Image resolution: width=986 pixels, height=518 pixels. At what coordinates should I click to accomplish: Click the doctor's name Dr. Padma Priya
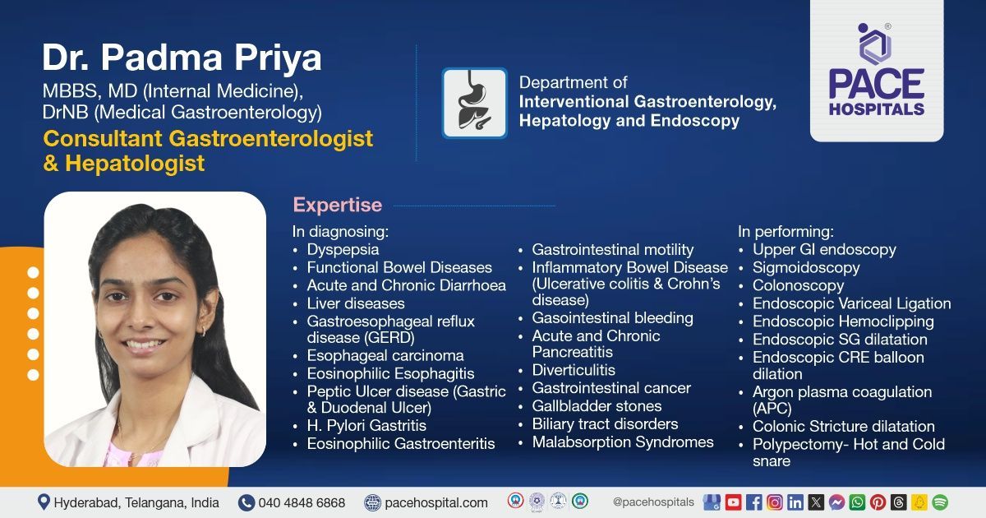click(182, 58)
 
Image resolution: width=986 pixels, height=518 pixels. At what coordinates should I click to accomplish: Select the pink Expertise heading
click(338, 205)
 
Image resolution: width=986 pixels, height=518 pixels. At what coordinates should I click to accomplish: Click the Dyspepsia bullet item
click(343, 249)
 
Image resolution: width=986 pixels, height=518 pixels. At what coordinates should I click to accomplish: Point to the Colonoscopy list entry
click(798, 285)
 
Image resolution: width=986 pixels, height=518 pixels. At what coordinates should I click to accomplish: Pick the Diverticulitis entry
click(574, 370)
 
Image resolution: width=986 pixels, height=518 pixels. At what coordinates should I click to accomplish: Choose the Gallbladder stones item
click(597, 406)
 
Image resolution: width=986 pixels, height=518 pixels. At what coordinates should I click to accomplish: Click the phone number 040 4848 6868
click(302, 502)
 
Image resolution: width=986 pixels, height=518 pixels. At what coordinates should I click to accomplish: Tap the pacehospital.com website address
click(435, 502)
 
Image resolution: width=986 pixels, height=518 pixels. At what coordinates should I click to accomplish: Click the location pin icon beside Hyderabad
click(44, 502)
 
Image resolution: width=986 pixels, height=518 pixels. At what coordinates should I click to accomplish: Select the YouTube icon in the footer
click(733, 502)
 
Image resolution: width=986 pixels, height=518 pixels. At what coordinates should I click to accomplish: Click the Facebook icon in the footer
click(753, 502)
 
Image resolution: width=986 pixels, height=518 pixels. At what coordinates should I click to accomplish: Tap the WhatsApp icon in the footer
click(857, 502)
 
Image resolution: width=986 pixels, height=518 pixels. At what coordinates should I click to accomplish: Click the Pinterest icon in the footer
click(878, 502)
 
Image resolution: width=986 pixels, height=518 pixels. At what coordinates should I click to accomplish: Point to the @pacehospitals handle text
click(653, 502)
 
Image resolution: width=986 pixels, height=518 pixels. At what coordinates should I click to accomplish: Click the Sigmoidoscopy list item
click(806, 267)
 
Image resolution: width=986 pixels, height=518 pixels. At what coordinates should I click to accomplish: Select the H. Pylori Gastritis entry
click(366, 426)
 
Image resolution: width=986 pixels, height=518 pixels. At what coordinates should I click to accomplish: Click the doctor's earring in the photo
click(203, 331)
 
